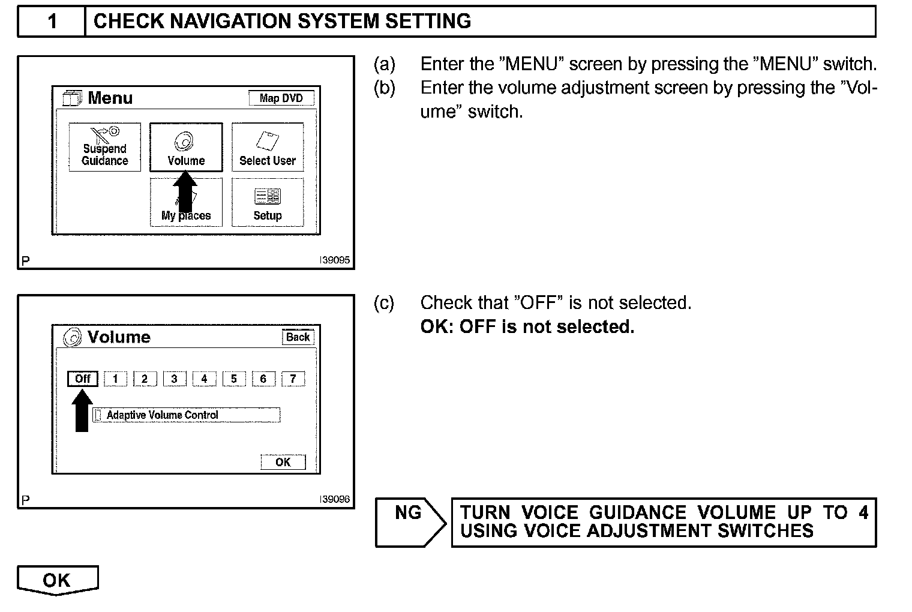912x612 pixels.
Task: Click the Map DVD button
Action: (281, 98)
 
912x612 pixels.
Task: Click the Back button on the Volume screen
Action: (298, 337)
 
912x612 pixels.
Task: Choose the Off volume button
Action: (83, 379)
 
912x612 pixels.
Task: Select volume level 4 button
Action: (204, 379)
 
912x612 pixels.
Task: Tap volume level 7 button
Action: (293, 379)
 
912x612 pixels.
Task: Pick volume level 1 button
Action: (115, 379)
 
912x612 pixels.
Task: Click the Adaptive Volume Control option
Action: (187, 415)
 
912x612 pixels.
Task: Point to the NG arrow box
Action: (410, 522)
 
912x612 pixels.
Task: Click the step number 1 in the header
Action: (52, 22)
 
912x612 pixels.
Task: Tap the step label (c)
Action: (384, 303)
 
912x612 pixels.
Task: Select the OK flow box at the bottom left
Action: (57, 580)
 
